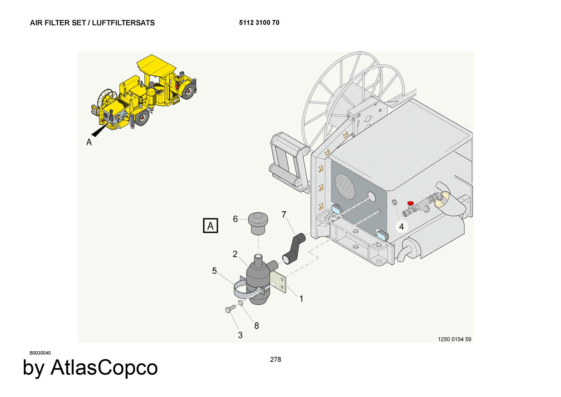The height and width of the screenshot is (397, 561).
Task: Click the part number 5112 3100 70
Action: click(x=259, y=22)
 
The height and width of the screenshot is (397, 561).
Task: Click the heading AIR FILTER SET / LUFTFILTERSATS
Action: click(x=92, y=23)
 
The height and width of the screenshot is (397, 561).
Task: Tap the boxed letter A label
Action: click(x=210, y=226)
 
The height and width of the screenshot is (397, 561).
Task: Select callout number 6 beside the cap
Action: click(x=235, y=219)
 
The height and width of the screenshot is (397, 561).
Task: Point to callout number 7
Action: click(x=284, y=215)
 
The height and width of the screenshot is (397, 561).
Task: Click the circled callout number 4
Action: click(x=401, y=226)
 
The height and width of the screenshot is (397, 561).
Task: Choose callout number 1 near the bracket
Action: click(x=301, y=299)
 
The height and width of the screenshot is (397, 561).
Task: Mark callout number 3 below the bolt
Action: click(x=240, y=335)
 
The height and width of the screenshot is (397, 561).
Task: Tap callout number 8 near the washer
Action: click(x=256, y=326)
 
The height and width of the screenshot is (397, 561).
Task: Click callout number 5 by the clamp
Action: click(x=214, y=271)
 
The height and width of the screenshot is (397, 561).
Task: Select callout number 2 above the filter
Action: click(x=235, y=254)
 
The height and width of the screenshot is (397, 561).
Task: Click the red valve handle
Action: click(x=410, y=203)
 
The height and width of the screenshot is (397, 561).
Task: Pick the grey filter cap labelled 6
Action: click(x=258, y=223)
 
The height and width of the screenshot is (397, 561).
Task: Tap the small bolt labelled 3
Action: click(x=230, y=309)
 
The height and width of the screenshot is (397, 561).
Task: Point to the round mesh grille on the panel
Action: click(x=345, y=186)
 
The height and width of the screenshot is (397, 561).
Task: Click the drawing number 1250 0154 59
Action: click(x=454, y=339)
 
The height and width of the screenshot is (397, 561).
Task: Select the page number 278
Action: click(x=275, y=359)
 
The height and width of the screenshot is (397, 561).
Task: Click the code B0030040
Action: click(x=40, y=353)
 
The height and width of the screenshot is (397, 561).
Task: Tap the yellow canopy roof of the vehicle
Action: click(x=156, y=65)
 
